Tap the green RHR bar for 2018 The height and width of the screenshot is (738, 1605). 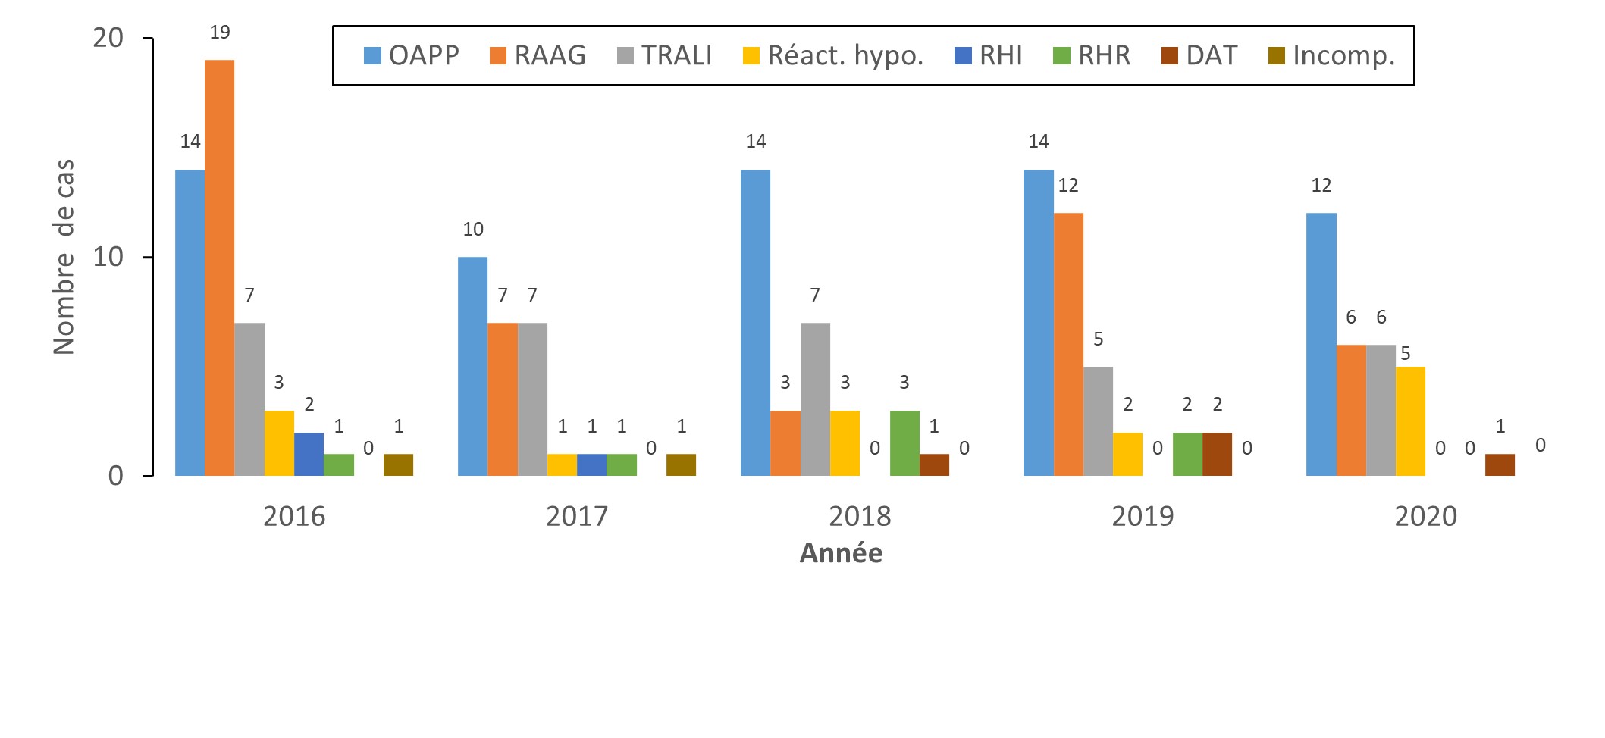tap(904, 443)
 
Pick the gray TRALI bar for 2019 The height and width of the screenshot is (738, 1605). tap(1098, 421)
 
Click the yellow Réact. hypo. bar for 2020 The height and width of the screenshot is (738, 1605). tap(1410, 421)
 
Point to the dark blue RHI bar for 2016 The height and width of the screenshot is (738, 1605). tap(309, 454)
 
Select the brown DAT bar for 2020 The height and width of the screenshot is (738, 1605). tap(1500, 464)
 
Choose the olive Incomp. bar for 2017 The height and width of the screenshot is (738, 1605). tap(681, 464)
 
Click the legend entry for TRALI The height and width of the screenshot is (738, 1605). tap(665, 55)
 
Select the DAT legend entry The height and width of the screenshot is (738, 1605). tap(1199, 55)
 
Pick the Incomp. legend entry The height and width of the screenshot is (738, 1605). tap(1331, 55)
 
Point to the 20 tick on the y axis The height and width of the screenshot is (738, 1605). tap(108, 38)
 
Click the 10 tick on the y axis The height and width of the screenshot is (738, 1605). tap(108, 257)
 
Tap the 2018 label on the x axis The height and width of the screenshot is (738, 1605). tap(860, 516)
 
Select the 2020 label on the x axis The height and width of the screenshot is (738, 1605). tap(1425, 516)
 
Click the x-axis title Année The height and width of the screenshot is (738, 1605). tap(841, 553)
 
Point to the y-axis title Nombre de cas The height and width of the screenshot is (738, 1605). tap(64, 257)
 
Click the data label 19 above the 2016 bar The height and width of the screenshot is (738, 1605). tap(220, 33)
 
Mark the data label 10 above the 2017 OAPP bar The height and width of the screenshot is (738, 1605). tap(473, 229)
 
